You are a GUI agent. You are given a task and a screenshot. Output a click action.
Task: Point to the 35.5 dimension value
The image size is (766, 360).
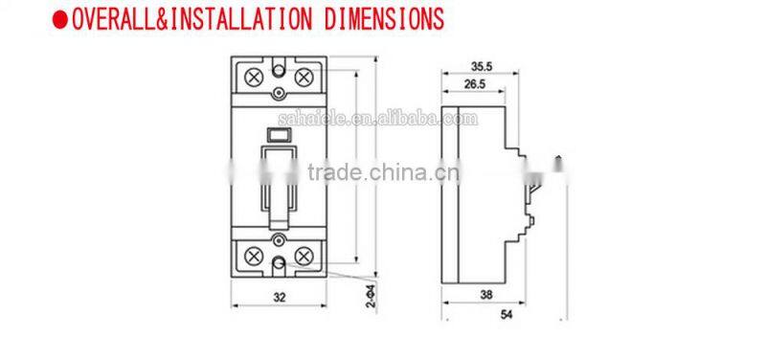pyautogui.click(x=482, y=67)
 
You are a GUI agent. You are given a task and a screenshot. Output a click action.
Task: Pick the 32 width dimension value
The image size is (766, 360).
pyautogui.click(x=280, y=298)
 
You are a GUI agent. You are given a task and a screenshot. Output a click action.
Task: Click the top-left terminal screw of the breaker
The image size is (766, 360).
pyautogui.click(x=255, y=76)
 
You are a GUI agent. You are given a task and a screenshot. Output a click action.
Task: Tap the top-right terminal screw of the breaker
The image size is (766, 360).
pyautogui.click(x=304, y=76)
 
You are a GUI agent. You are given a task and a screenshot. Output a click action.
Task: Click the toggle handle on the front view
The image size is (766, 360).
pyautogui.click(x=279, y=191)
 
